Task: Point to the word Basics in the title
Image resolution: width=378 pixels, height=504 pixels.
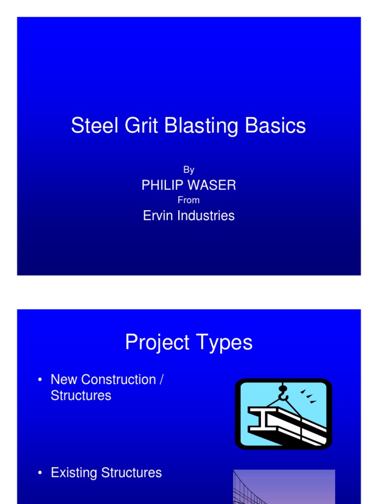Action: coord(276,126)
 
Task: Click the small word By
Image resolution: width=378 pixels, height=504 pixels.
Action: coord(189,170)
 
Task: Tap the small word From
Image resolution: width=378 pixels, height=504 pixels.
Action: coord(189,200)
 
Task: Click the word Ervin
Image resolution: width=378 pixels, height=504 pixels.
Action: coord(156,215)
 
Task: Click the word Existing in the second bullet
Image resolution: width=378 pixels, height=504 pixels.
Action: coord(74,472)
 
